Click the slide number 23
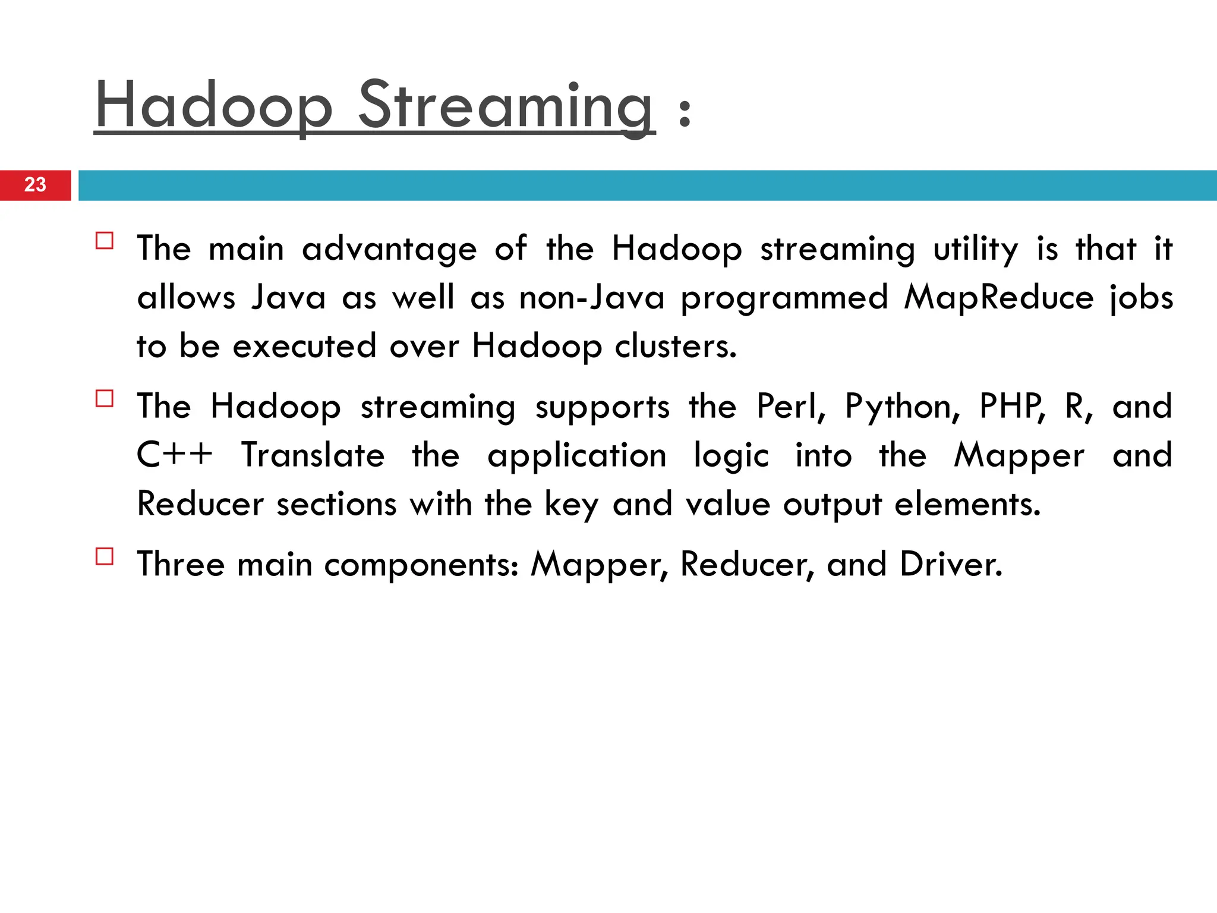click(35, 185)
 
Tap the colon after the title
click(685, 113)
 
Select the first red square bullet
click(105, 241)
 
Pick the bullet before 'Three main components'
click(105, 556)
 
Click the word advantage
click(389, 248)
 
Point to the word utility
click(976, 250)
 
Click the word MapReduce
click(998, 297)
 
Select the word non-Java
click(592, 297)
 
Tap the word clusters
click(675, 346)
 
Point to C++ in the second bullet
click(175, 455)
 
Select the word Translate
click(313, 455)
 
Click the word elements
click(967, 504)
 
